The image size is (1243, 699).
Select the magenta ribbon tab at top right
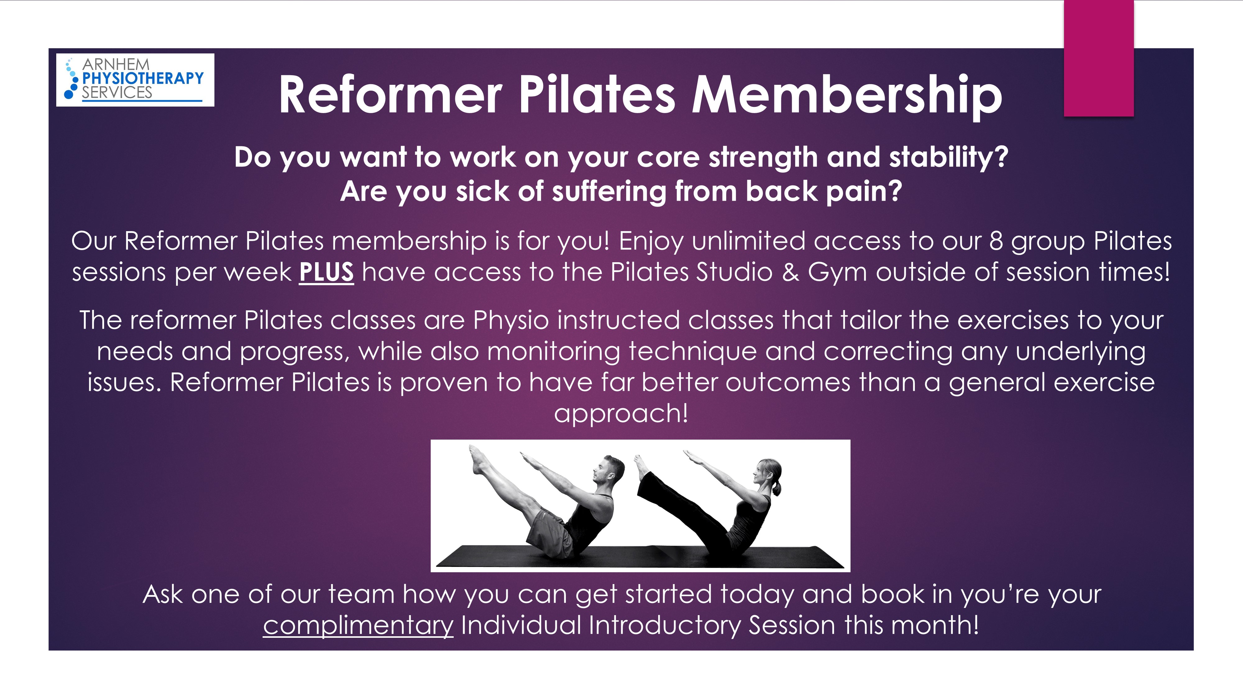tap(1099, 58)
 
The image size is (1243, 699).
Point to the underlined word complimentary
tap(358, 626)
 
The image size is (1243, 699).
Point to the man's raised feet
tap(478, 460)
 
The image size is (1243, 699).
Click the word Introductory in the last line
tap(664, 626)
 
